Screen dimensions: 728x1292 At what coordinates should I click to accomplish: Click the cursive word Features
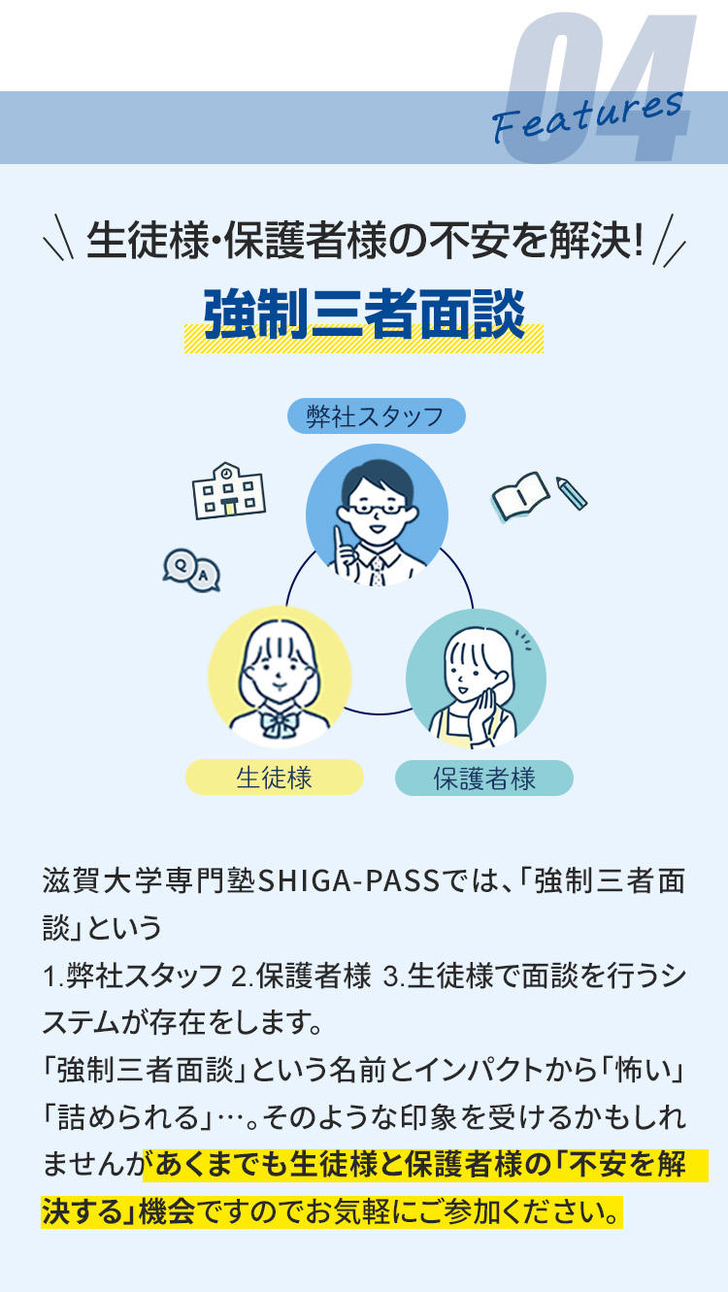click(x=587, y=117)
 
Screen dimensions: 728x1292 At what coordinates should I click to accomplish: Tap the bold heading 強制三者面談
click(x=364, y=315)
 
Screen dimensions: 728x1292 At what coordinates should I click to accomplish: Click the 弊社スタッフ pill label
click(x=376, y=415)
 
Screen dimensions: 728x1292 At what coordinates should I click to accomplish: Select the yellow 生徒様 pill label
click(x=275, y=778)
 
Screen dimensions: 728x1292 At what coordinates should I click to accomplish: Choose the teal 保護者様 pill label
click(x=484, y=779)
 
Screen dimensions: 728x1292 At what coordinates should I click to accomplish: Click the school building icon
click(x=228, y=491)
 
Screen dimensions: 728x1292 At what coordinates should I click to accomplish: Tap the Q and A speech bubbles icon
click(x=191, y=570)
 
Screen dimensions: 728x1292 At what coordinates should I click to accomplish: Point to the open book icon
click(x=519, y=496)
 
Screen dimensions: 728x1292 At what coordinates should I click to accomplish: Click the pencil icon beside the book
click(x=571, y=493)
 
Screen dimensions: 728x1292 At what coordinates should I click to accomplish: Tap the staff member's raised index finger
click(x=339, y=538)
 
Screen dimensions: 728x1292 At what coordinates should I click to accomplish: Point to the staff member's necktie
click(x=377, y=571)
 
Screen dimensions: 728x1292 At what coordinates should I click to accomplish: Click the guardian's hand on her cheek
click(x=481, y=714)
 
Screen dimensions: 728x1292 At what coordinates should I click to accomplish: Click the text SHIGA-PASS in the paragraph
click(x=348, y=882)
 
